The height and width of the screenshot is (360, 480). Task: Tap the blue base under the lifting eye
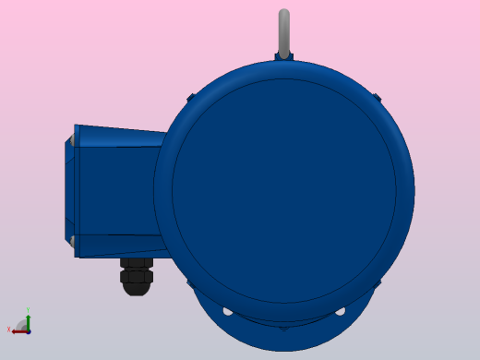(x=284, y=55)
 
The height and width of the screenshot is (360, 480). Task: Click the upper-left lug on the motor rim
(x=190, y=97)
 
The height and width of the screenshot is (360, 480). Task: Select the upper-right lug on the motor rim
(x=377, y=97)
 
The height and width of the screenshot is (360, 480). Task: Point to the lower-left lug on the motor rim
(x=190, y=283)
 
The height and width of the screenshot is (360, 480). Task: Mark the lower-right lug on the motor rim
(x=378, y=283)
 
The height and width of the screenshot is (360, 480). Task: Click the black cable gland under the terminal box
(x=137, y=276)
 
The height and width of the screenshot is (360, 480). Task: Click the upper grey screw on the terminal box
(x=70, y=141)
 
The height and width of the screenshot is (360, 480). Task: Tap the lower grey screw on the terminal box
(x=70, y=242)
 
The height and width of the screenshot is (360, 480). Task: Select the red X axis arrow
(x=18, y=330)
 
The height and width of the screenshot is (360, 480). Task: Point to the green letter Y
(x=28, y=310)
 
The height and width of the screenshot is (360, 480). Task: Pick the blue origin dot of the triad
(x=28, y=330)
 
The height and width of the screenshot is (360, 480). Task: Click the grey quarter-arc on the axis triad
(x=20, y=322)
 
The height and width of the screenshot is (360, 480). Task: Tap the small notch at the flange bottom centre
(x=283, y=327)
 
